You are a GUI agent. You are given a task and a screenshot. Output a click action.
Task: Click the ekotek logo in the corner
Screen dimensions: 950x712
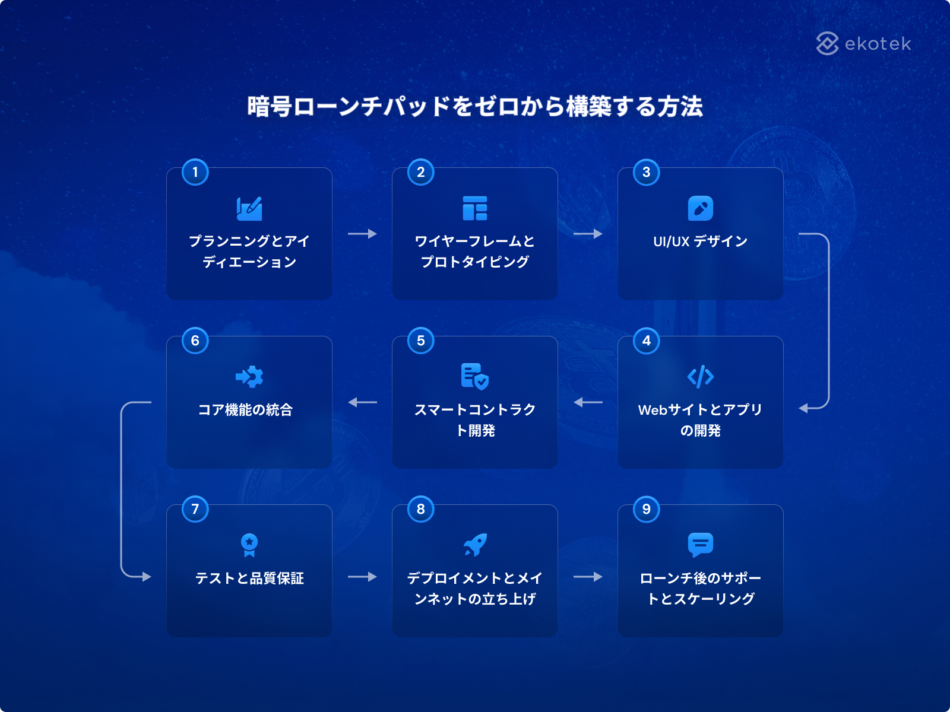pyautogui.click(x=863, y=44)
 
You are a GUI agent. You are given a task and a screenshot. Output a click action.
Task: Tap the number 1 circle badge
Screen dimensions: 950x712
pyautogui.click(x=195, y=172)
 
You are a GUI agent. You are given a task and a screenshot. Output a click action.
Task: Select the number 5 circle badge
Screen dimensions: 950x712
pyautogui.click(x=421, y=341)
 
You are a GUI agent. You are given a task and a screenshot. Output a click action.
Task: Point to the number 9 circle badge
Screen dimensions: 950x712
pyautogui.click(x=646, y=509)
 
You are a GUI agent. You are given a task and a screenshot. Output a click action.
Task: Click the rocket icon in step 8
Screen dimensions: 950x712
pyautogui.click(x=475, y=545)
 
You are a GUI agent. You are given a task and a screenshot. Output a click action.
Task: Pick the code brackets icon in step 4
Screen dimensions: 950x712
pyautogui.click(x=700, y=377)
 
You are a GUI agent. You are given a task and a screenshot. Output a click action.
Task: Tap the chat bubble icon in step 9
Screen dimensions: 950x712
pyautogui.click(x=700, y=545)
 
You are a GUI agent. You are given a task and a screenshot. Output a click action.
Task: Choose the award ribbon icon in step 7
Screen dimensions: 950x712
pyautogui.click(x=249, y=545)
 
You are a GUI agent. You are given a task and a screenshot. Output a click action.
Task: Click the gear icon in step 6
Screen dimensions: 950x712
pyautogui.click(x=249, y=377)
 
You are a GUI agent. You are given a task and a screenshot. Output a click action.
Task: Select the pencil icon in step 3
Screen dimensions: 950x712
pyautogui.click(x=700, y=208)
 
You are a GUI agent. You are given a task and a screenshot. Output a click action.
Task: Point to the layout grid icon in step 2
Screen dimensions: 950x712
pyautogui.click(x=475, y=208)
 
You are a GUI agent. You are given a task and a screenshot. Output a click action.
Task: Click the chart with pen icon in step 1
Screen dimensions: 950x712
pyautogui.click(x=249, y=209)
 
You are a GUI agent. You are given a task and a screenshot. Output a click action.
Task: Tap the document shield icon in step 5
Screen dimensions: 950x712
pyautogui.click(x=475, y=377)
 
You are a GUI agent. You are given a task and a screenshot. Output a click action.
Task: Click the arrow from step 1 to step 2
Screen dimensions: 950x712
pyautogui.click(x=362, y=234)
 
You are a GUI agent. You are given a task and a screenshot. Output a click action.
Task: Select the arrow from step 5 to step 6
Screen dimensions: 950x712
pyautogui.click(x=362, y=402)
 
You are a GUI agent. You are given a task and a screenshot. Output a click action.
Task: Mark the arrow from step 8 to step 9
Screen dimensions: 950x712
pyautogui.click(x=588, y=577)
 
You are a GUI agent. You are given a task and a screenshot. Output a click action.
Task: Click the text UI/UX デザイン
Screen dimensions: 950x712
pyautogui.click(x=700, y=241)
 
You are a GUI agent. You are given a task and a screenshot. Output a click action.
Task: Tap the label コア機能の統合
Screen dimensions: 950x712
pyautogui.click(x=245, y=410)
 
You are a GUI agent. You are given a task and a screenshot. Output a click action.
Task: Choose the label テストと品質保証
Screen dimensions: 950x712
pyautogui.click(x=249, y=578)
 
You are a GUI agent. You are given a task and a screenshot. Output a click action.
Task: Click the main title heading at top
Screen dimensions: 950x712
pyautogui.click(x=475, y=106)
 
